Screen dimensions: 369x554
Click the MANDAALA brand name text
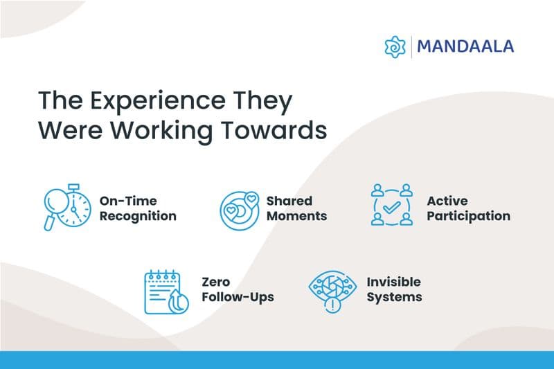pyautogui.click(x=466, y=47)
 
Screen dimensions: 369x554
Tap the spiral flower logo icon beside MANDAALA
pyautogui.click(x=395, y=47)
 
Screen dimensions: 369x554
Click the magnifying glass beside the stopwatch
pyautogui.click(x=55, y=205)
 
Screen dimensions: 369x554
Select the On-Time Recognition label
pyautogui.click(x=137, y=208)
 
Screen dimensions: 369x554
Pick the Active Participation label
pyautogui.click(x=468, y=208)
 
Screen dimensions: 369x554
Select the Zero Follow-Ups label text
pyautogui.click(x=238, y=290)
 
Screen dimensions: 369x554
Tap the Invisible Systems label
pyautogui.click(x=393, y=290)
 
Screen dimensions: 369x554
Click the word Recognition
pyautogui.click(x=137, y=216)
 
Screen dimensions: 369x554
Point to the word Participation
pyautogui.click(x=468, y=216)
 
